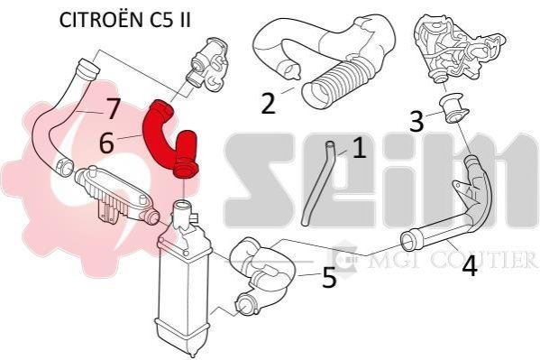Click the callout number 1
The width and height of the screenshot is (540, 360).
tap(359, 148)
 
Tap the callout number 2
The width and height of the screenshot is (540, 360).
tap(269, 103)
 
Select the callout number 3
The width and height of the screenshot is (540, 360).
tap(416, 122)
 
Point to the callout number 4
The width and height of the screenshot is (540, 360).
tap(470, 266)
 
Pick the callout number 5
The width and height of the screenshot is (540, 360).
tap(329, 278)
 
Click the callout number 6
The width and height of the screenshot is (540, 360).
tap(106, 143)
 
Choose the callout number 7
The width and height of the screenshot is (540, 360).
tap(113, 108)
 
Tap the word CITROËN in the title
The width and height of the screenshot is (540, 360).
tap(101, 20)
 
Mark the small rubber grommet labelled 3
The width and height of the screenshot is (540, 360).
tap(453, 110)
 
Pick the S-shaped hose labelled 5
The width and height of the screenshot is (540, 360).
tap(261, 272)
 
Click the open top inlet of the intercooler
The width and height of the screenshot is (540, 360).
tap(182, 206)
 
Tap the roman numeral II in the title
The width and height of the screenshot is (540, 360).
tap(185, 21)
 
